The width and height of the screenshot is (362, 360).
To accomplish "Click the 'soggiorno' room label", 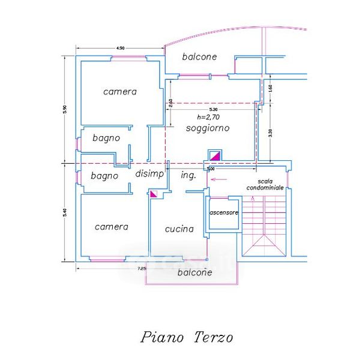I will [x=208, y=128].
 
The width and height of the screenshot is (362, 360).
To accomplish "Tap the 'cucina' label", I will [x=179, y=229].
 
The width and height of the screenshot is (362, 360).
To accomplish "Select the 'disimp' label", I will [x=149, y=174].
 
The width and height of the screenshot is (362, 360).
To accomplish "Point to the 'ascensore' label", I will [x=224, y=213].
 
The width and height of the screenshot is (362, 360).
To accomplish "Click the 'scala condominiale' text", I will [x=265, y=184].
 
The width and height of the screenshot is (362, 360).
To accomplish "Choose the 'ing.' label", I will [x=188, y=175].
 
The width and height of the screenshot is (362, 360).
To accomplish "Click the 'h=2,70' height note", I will [x=208, y=118].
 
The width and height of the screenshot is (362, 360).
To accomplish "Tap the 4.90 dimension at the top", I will [x=120, y=47].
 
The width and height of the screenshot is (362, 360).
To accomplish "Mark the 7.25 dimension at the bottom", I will [x=142, y=268].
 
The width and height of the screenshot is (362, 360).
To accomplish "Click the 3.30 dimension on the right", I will [x=271, y=134].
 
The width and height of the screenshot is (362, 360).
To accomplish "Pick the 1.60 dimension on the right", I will [x=271, y=88].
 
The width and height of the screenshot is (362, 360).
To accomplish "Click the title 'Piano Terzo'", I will [x=187, y=337].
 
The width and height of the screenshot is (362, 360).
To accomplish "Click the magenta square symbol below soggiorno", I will [x=214, y=155].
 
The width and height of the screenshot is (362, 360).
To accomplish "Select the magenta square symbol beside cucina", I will [x=154, y=194].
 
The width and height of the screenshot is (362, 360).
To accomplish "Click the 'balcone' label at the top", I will [x=199, y=57].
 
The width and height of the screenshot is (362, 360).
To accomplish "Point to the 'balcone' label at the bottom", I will [x=195, y=272].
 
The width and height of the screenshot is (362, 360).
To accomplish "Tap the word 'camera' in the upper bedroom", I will [x=120, y=92].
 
